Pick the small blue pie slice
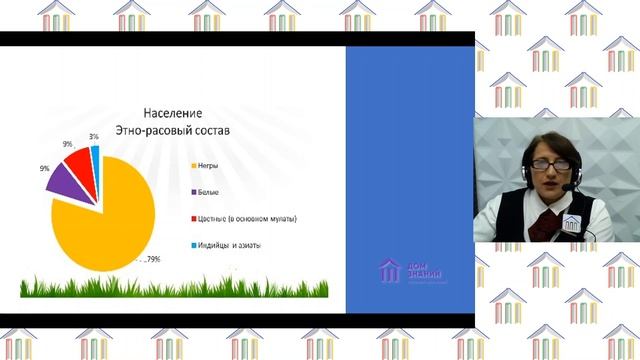point(96,152)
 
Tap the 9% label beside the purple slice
point(45,169)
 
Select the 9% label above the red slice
point(67,145)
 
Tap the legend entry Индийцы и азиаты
point(227,245)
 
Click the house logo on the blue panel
point(389,269)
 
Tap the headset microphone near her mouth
point(567,187)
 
